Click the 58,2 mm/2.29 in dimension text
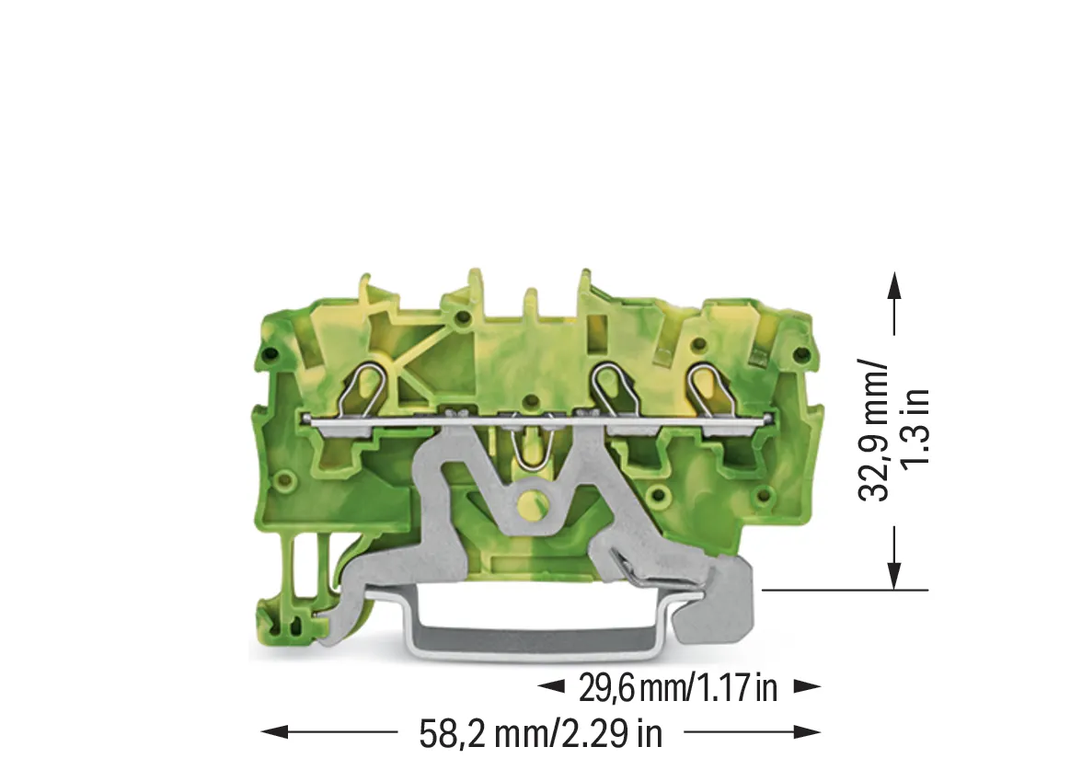pyautogui.click(x=540, y=732)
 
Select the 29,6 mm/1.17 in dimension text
pyautogui.click(x=678, y=687)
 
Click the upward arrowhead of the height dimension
pyautogui.click(x=894, y=284)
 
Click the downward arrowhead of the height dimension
pyautogui.click(x=894, y=576)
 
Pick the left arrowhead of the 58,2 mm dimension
pyautogui.click(x=274, y=732)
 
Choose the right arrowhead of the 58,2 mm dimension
pyautogui.click(x=808, y=732)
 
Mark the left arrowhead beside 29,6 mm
pyautogui.click(x=550, y=686)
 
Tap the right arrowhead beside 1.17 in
pyautogui.click(x=808, y=686)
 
